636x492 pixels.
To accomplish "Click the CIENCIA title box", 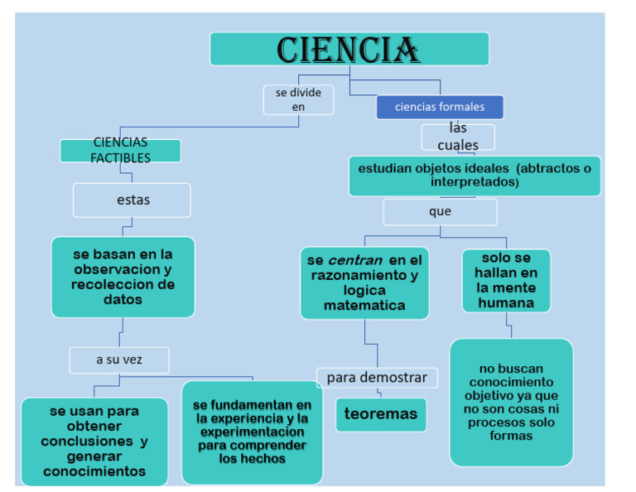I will click(349, 49).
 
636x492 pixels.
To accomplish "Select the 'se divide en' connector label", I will click(299, 99).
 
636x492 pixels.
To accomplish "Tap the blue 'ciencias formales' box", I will click(440, 107).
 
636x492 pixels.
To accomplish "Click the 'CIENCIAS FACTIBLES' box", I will click(121, 151).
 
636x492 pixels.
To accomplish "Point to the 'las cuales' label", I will click(458, 137).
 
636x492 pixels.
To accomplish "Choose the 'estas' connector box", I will click(132, 200).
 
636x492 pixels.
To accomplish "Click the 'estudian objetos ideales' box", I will click(475, 176).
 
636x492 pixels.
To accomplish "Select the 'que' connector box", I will click(440, 212).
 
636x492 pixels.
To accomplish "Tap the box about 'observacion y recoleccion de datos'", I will click(123, 277).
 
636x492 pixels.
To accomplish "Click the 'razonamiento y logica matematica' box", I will click(364, 282).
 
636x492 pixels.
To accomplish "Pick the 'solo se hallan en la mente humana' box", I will click(506, 281).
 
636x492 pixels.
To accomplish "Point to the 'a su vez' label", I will click(119, 359).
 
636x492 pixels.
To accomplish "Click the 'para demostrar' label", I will click(377, 378).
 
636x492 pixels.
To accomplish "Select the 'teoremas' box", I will click(381, 414).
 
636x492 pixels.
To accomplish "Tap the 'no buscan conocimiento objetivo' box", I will click(511, 402).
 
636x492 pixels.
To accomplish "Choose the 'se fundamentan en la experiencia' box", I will click(252, 432).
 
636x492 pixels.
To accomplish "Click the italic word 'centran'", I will click(355, 260).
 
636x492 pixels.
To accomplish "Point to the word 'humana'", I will click(505, 303).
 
